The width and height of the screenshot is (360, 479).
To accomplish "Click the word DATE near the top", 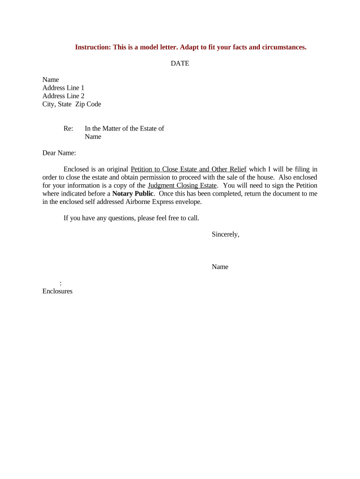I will click(x=180, y=63).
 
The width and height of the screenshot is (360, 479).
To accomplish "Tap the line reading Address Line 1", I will click(x=63, y=88).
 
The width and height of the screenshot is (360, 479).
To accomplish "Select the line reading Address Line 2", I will click(x=63, y=96).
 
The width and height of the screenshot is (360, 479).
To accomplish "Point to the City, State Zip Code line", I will click(x=72, y=104).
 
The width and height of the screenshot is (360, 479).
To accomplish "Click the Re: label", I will click(x=68, y=129).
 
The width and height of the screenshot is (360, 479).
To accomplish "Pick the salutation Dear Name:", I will click(x=59, y=153).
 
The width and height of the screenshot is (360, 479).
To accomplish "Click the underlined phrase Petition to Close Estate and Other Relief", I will click(x=188, y=169).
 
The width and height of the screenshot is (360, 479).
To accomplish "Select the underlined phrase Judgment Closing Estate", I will click(x=182, y=185).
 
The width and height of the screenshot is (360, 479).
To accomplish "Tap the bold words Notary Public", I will click(x=133, y=193).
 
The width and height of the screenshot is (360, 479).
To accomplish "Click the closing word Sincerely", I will click(x=225, y=234).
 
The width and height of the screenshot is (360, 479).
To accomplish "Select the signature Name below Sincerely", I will click(x=220, y=267).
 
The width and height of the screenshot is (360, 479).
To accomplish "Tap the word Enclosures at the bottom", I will click(x=57, y=291).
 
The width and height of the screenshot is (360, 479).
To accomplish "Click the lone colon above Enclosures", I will click(x=61, y=283).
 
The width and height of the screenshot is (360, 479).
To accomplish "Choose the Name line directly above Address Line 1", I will click(x=50, y=80).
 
